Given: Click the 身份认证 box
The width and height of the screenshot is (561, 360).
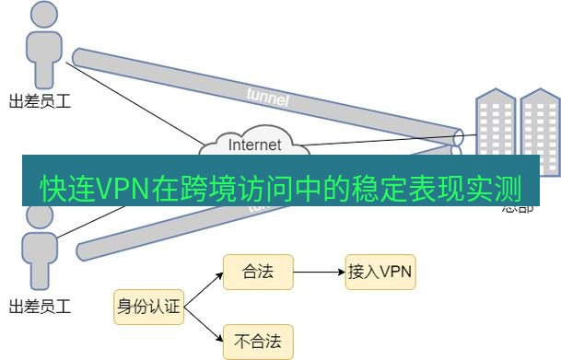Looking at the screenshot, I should (x=148, y=307).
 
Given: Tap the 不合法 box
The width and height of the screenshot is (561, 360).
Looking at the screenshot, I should (x=258, y=342).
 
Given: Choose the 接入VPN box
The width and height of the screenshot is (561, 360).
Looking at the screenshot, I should (x=380, y=272).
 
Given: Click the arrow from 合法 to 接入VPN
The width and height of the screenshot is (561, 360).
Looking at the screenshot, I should (x=318, y=272).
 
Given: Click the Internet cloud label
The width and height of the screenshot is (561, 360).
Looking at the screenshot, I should (x=254, y=145).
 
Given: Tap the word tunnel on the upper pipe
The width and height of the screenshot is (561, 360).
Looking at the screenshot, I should (x=268, y=95).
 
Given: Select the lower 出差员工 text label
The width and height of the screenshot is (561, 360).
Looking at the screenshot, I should (x=40, y=305).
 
